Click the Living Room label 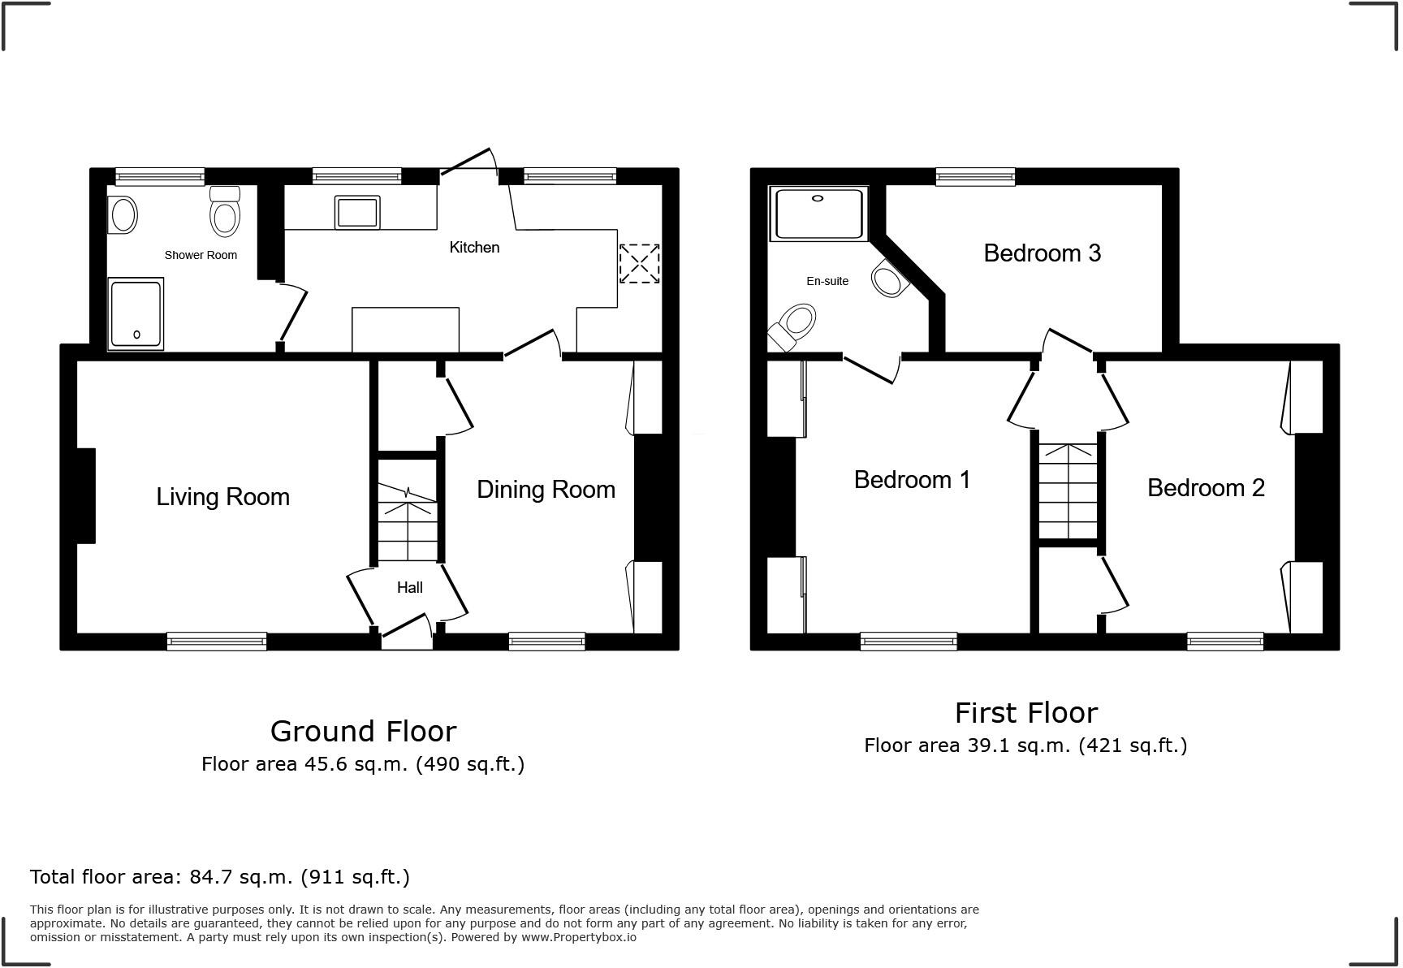coord(222,497)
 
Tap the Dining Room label coord(546,490)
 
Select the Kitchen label coord(474,247)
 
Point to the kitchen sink coord(357,213)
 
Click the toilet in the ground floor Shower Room coord(225,213)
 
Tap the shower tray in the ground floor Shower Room coord(136,314)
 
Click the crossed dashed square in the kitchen coord(639,264)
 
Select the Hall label coord(409,587)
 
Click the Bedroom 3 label coord(1042,253)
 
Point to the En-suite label coord(827,281)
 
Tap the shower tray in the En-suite coord(818,214)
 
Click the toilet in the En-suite coord(794,326)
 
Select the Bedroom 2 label coord(1206,488)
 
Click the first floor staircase coord(1068,491)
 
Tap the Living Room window coord(217,642)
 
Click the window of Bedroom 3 coord(975,176)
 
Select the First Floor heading coord(1026,713)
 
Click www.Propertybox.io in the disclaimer coord(578,937)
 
